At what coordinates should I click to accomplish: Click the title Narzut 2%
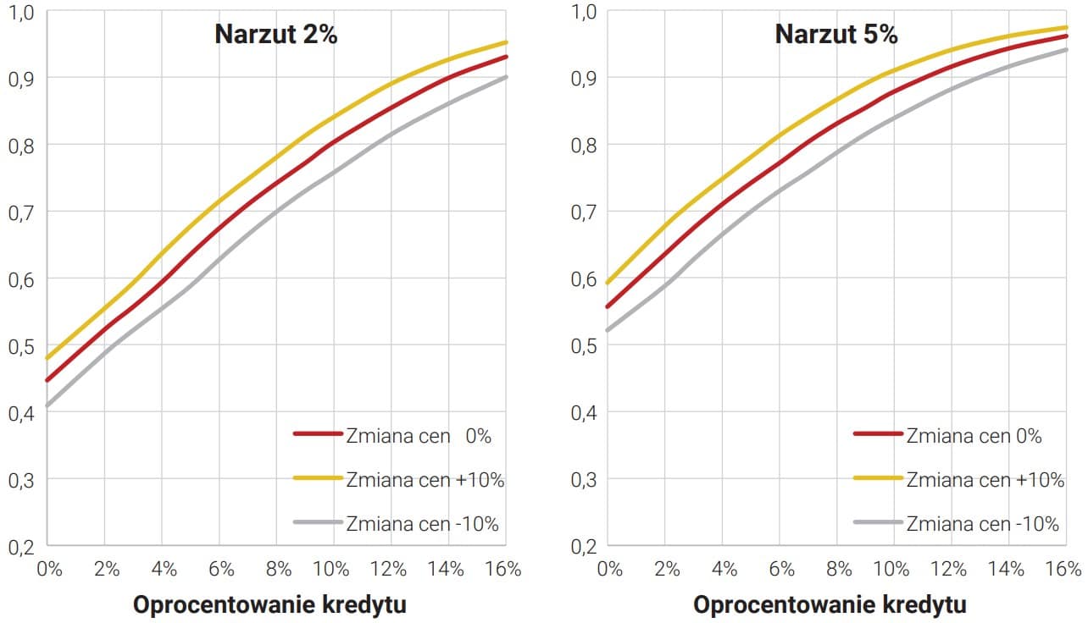click(276, 35)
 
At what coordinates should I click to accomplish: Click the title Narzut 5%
click(836, 35)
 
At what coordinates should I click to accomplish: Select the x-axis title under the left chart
click(269, 605)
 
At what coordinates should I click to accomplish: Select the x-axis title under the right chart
click(830, 605)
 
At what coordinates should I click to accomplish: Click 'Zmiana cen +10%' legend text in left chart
click(425, 479)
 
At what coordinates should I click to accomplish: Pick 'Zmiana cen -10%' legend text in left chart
click(422, 523)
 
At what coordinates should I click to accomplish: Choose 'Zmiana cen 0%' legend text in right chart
click(974, 436)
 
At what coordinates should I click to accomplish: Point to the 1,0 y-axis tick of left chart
click(20, 12)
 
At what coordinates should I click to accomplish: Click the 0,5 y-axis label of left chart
click(20, 345)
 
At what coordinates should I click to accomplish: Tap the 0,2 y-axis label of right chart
click(582, 546)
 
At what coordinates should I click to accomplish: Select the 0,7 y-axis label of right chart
click(582, 212)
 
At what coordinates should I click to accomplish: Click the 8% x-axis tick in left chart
click(278, 569)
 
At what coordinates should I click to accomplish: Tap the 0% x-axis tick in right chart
click(611, 569)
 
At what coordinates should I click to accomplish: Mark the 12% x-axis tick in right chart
click(952, 569)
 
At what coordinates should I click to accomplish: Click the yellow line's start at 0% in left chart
click(47, 359)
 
